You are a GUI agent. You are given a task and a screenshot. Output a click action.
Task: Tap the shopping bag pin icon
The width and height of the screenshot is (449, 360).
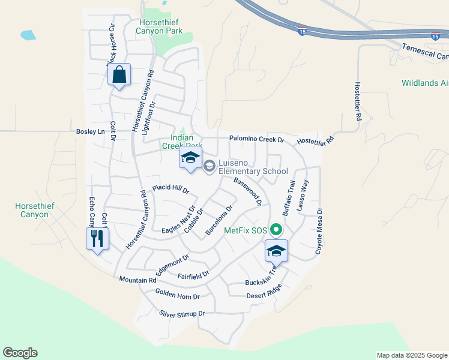(119, 75)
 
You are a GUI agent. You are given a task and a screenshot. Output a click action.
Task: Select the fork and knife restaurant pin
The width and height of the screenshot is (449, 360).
(97, 239)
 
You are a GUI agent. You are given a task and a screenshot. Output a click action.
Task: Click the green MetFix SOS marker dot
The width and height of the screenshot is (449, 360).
(276, 230)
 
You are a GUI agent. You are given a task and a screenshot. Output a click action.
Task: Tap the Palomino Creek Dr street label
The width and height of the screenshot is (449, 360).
(256, 139)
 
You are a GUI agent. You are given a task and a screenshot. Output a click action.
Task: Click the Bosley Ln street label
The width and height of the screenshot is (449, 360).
(91, 131)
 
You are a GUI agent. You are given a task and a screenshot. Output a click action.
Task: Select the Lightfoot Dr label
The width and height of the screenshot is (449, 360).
(149, 118)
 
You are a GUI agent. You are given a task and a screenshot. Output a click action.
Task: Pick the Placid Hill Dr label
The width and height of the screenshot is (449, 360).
(170, 189)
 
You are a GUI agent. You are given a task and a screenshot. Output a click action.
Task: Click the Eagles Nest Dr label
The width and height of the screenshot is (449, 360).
(179, 223)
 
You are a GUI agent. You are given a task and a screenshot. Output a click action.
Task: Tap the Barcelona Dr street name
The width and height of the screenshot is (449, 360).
(218, 220)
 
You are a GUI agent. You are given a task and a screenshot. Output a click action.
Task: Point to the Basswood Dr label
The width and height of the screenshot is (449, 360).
(248, 191)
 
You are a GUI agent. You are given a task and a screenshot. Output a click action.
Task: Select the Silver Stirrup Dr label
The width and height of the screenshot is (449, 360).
(182, 314)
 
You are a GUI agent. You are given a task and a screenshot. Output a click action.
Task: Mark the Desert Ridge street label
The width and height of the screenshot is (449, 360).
(264, 293)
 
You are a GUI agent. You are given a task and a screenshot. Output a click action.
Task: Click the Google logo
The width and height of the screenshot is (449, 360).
(20, 353)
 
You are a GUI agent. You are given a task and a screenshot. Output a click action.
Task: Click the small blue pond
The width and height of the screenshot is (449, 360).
(28, 35)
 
